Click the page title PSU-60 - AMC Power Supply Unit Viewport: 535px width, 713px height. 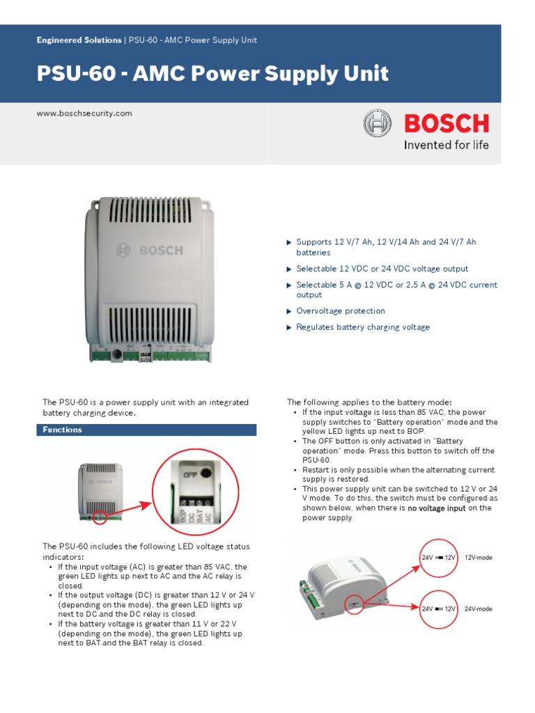pyautogui.click(x=212, y=74)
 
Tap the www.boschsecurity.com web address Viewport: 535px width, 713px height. pyautogui.click(x=84, y=113)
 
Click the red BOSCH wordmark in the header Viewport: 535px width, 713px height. pyautogui.click(x=447, y=124)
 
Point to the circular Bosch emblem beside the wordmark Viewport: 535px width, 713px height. pyautogui.click(x=378, y=124)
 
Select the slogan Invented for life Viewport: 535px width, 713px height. pyautogui.click(x=447, y=146)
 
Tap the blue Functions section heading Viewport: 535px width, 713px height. pyautogui.click(x=62, y=430)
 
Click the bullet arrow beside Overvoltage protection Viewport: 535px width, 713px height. pyautogui.click(x=289, y=311)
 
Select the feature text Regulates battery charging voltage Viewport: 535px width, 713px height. pyautogui.click(x=363, y=327)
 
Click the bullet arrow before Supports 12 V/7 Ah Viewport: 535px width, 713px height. pyautogui.click(x=289, y=242)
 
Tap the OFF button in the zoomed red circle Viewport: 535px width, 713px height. pyautogui.click(x=206, y=476)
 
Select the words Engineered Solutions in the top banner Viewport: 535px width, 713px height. pyautogui.click(x=79, y=40)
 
